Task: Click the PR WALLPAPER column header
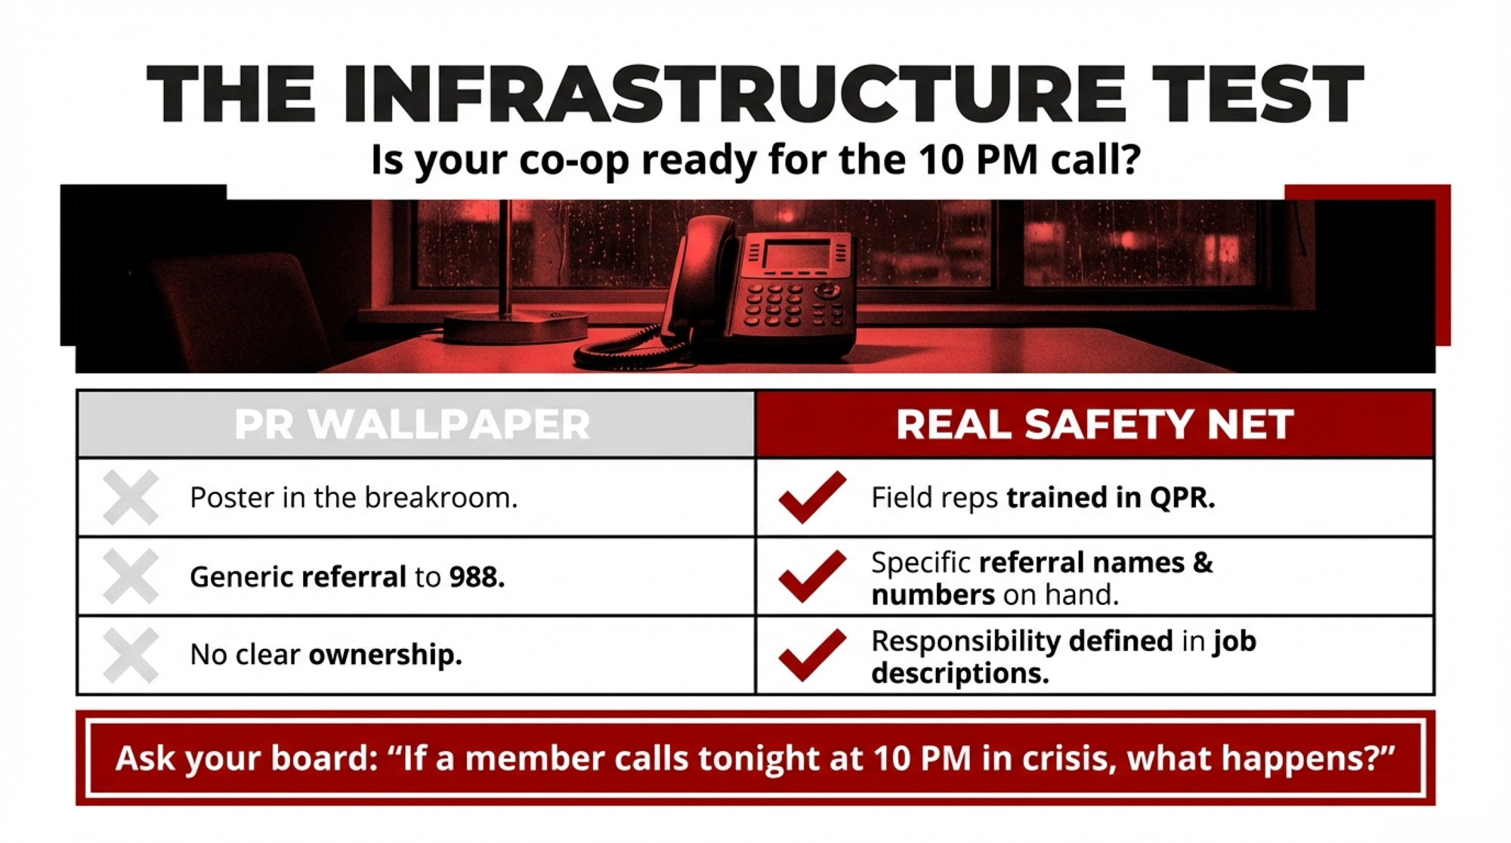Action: (412, 424)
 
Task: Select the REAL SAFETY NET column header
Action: (1095, 424)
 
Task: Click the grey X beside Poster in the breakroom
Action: (131, 497)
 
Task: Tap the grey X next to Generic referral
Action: (131, 576)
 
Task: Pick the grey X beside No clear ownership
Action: (131, 655)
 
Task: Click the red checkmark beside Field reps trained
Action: (812, 497)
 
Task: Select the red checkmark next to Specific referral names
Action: (812, 576)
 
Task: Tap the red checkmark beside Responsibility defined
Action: (812, 655)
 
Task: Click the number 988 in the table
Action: (477, 577)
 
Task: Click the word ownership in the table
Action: (385, 655)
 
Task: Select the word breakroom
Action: (441, 498)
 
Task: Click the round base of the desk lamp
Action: (515, 327)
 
